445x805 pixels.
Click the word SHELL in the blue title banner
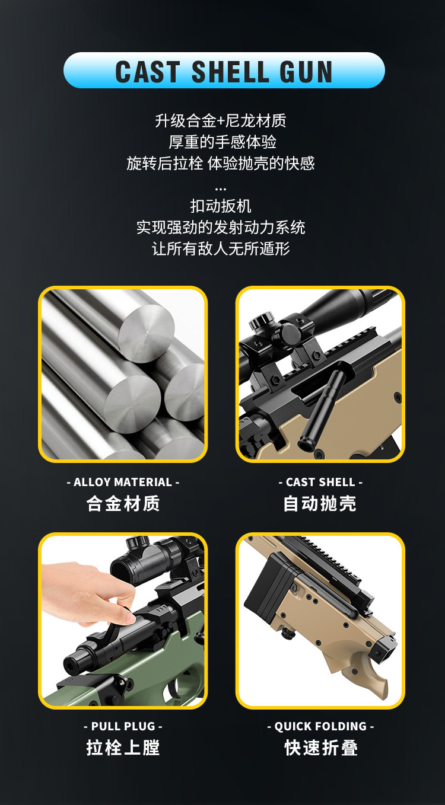[x=230, y=72]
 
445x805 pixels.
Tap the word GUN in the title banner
[x=306, y=72]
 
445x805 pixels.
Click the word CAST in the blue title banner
[x=148, y=72]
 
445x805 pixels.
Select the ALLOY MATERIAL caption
[x=123, y=482]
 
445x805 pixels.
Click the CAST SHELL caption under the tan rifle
[x=320, y=482]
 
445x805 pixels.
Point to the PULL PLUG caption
[x=123, y=726]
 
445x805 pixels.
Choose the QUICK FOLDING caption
[x=320, y=726]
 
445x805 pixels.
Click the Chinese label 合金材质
[x=123, y=503]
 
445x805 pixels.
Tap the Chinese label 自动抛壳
[x=320, y=503]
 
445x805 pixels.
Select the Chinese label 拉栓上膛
[x=123, y=747]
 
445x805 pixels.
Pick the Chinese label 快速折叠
[x=321, y=747]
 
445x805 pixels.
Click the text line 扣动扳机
[x=221, y=206]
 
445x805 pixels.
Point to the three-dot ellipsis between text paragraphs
[x=221, y=189]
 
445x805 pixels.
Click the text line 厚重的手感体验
[x=223, y=142]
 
